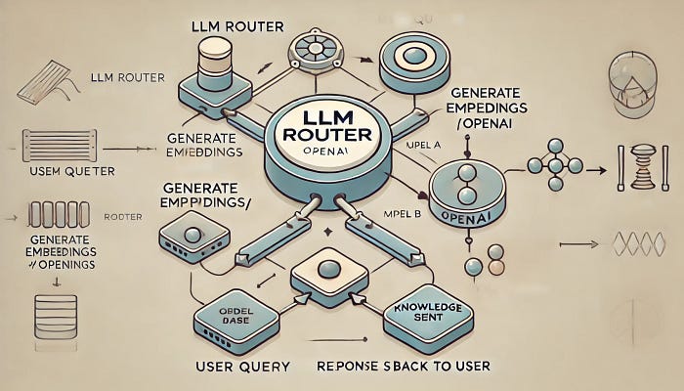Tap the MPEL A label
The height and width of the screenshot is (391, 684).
423,144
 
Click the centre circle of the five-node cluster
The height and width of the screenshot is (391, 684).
556,163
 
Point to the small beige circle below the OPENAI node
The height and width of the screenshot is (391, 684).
497,266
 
